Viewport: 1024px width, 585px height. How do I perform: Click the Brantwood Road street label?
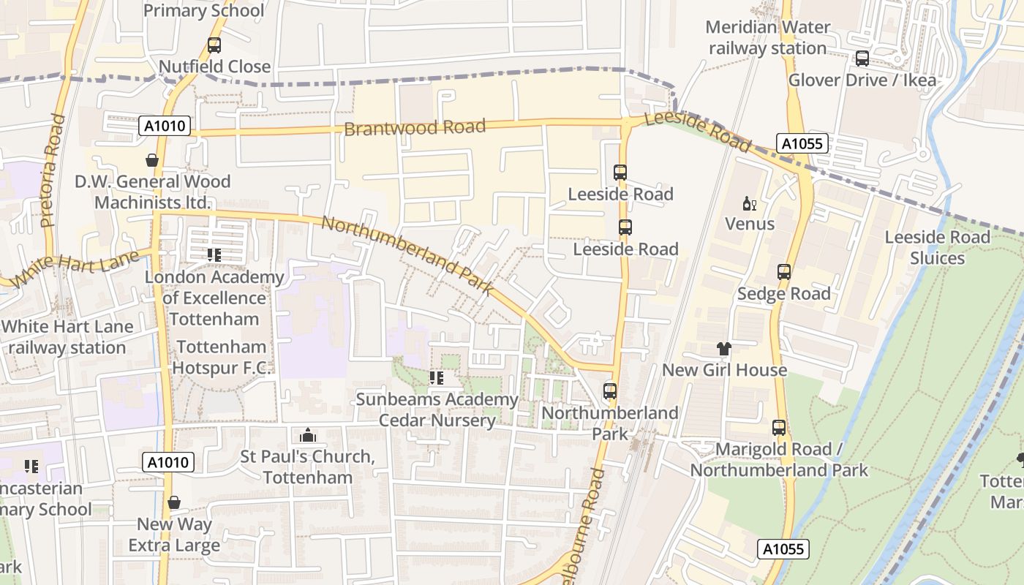[x=414, y=127]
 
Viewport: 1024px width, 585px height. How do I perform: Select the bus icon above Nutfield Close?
[x=214, y=45]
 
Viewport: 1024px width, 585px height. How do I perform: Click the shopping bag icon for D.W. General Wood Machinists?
[x=152, y=159]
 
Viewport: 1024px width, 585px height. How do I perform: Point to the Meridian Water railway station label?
[x=768, y=38]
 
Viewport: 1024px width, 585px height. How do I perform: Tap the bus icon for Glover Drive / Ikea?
[x=862, y=58]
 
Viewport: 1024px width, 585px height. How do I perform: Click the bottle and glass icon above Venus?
[x=749, y=203]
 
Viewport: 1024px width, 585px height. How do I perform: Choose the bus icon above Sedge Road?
[x=784, y=272]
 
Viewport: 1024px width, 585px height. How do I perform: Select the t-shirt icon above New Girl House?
[x=724, y=349]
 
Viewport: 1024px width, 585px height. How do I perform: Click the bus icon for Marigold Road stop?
[x=779, y=428]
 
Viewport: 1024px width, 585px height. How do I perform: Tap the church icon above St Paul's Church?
[x=308, y=435]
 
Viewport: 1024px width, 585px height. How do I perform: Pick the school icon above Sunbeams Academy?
[x=437, y=378]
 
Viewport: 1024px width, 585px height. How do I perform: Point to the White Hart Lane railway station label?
[x=67, y=337]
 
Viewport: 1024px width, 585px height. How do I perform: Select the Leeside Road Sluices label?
[x=937, y=248]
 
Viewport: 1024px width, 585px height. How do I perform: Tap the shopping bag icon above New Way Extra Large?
[x=174, y=502]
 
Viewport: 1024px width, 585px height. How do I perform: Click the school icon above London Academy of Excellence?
[x=214, y=255]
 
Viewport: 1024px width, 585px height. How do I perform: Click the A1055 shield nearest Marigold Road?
[x=783, y=549]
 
